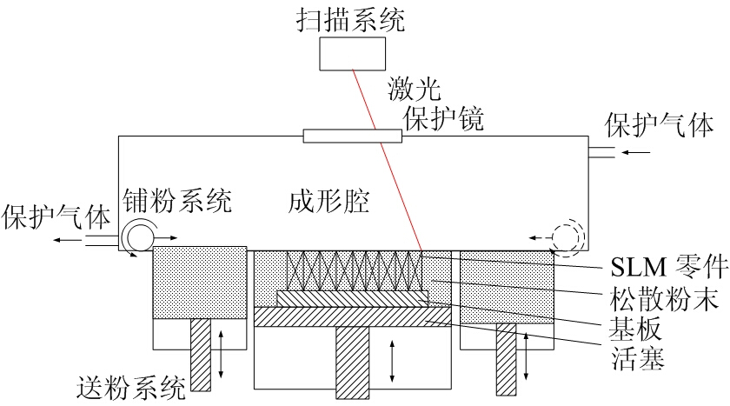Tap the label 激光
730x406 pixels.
414,87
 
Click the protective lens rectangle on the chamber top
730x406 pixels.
353,136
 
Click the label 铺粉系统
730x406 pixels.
177,201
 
